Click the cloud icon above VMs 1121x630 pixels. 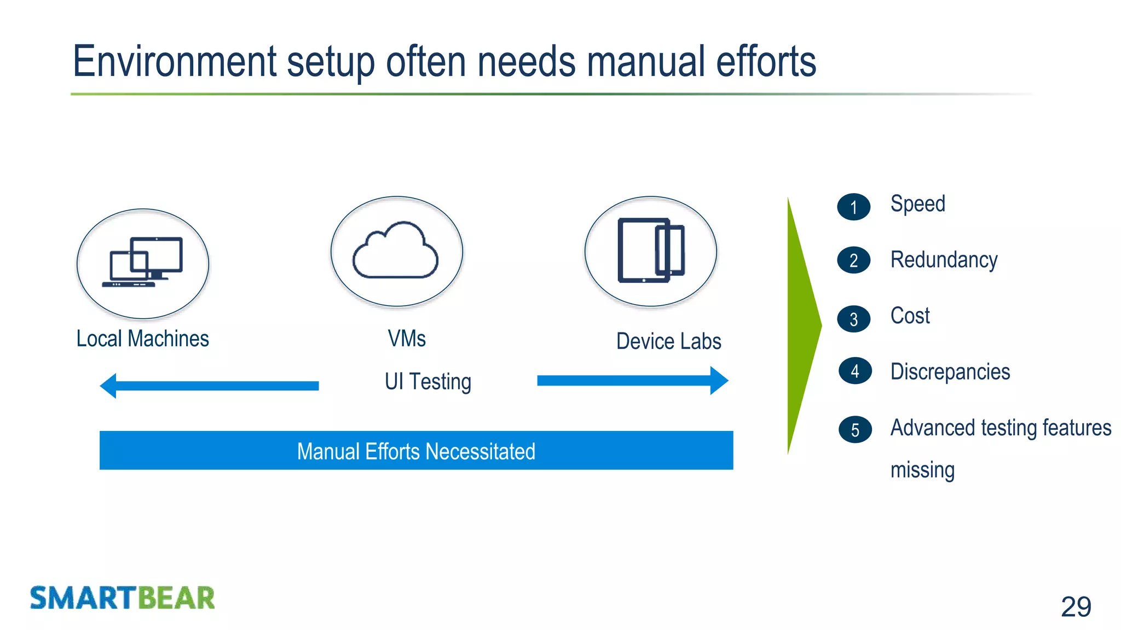pyautogui.click(x=396, y=251)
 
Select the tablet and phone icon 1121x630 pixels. pyautogui.click(x=651, y=250)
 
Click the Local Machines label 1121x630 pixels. pyautogui.click(x=142, y=339)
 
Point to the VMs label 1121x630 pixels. pyautogui.click(x=407, y=339)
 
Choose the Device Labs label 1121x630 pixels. pyautogui.click(x=668, y=341)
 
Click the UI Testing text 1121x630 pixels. pyautogui.click(x=427, y=382)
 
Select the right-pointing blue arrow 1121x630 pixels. pyautogui.click(x=633, y=381)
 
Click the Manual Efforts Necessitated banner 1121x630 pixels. pyautogui.click(x=416, y=451)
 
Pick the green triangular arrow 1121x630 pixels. pyautogui.click(x=802, y=326)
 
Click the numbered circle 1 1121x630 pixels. pyautogui.click(x=853, y=207)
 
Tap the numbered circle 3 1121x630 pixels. pyautogui.click(x=853, y=319)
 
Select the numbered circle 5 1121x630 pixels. pyautogui.click(x=854, y=430)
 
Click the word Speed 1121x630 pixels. pyautogui.click(x=917, y=204)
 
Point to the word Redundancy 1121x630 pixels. pyautogui.click(x=944, y=260)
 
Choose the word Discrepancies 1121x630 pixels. pyautogui.click(x=950, y=372)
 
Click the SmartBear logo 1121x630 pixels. pyautogui.click(x=122, y=598)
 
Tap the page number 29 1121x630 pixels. pyautogui.click(x=1076, y=606)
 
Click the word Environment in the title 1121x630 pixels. pyautogui.click(x=175, y=61)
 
